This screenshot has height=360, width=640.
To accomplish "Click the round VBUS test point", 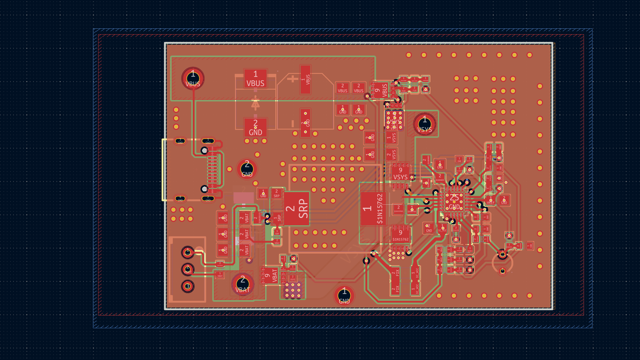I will coord(193,78).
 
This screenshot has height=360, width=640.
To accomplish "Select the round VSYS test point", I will coord(425,124).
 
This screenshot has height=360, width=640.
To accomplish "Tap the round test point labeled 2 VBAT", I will coord(243,284).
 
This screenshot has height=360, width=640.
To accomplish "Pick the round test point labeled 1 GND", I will coord(344,296).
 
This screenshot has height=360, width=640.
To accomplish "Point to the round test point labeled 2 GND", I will coord(247,169).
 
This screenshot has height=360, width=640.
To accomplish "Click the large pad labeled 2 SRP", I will coord(297,208).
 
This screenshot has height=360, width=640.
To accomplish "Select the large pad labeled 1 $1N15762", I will coord(373,209).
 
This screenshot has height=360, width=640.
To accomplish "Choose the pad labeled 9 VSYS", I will coord(400,173).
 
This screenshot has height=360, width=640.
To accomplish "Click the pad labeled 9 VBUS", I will coord(381,90).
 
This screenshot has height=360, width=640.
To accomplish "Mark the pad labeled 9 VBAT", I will coord(270,276).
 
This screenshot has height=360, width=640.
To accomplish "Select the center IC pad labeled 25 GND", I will coord(454,202).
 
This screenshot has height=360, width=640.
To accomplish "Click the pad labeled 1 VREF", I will coord(491,200).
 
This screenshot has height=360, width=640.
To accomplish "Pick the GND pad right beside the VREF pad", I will coord(504,200).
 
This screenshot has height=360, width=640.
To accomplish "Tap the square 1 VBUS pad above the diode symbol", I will coord(255,78).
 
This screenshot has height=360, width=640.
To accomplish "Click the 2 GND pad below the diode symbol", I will coord(255,127).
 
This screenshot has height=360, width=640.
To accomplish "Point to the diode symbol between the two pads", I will coord(255,103).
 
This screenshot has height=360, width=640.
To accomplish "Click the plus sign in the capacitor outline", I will coord(293,79).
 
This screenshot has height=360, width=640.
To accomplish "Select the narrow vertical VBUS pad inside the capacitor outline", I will coord(305,79).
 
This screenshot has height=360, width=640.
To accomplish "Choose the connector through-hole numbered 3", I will coord(188,286).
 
